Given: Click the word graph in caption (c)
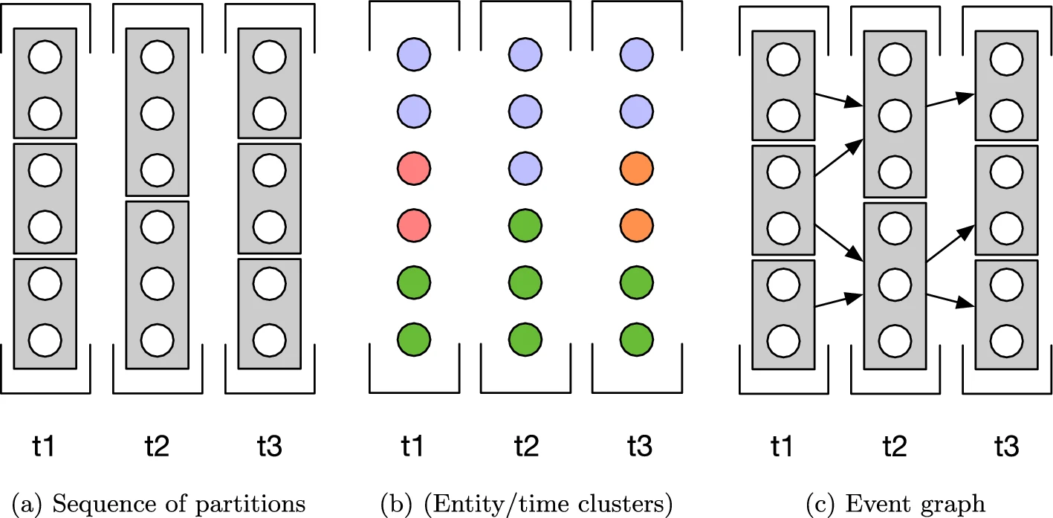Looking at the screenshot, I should [x=956, y=505].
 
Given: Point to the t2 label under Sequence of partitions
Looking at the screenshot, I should [x=157, y=447].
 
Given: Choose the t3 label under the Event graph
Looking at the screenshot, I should [x=1006, y=447].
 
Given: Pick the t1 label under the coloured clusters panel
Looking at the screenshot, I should [x=414, y=447].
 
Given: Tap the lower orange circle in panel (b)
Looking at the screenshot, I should [x=637, y=224].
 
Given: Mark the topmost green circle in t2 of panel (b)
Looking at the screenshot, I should [x=525, y=224].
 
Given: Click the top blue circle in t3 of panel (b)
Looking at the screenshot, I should [x=637, y=54].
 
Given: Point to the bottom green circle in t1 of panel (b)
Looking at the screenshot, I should [x=414, y=338].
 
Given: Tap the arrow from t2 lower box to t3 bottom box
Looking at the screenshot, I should [x=950, y=300].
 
